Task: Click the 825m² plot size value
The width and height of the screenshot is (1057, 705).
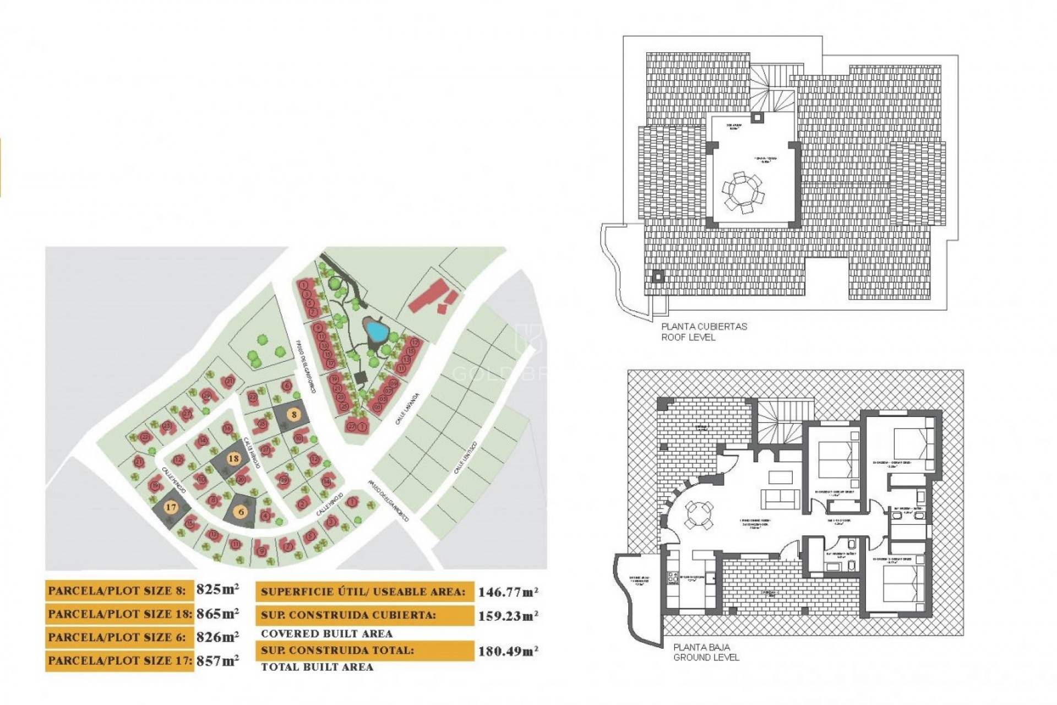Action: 217,589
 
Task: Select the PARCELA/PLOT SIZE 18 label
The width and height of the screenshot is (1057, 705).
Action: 119,614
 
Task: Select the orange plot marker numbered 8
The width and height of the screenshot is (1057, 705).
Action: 294,415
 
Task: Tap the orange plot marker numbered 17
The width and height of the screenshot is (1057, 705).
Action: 171,507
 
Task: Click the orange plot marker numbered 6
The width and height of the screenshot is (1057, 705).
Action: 241,512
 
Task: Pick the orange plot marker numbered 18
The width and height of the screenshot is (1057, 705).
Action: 233,458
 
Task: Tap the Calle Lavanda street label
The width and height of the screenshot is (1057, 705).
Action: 407,409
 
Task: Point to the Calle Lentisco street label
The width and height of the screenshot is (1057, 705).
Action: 465,458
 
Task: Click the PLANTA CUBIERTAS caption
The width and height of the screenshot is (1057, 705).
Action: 704,327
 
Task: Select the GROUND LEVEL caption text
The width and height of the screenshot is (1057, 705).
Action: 706,657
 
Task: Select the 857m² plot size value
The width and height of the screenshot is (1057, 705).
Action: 217,660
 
